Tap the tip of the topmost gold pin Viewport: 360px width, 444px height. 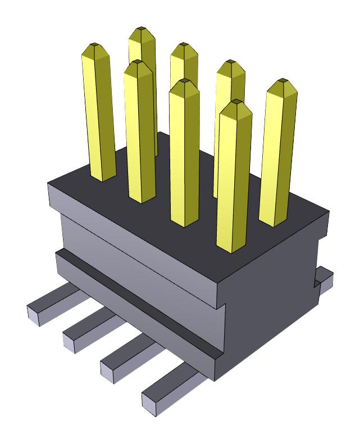(142, 29)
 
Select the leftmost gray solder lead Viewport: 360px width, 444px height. (53, 303)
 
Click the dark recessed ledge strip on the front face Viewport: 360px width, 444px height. (140, 304)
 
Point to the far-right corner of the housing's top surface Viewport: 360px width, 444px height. (329, 212)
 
